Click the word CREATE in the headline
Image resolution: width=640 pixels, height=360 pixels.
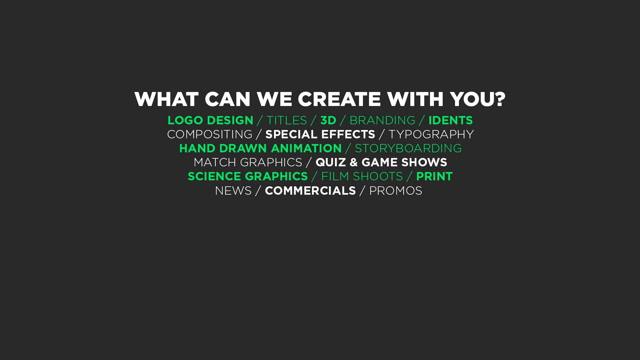click(x=339, y=99)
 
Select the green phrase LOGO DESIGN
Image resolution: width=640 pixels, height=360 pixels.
click(x=210, y=120)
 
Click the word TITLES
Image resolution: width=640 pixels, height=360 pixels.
click(x=287, y=120)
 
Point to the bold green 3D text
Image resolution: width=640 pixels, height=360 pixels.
click(x=328, y=120)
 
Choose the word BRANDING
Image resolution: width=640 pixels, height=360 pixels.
click(x=382, y=120)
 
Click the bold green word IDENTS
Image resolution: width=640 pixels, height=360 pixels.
click(x=451, y=120)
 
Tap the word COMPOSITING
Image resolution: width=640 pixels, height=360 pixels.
click(x=210, y=134)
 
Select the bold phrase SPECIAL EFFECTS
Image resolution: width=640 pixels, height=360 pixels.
click(x=320, y=134)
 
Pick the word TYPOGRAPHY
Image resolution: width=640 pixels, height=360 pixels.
click(x=431, y=134)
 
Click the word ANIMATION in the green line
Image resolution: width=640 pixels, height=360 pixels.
click(x=306, y=148)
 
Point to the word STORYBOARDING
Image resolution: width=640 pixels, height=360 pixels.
click(x=408, y=148)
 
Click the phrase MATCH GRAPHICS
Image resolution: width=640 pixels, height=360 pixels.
click(x=248, y=162)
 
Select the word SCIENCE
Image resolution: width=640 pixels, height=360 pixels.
click(x=214, y=176)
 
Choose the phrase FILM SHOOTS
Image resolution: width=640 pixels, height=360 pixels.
click(x=362, y=176)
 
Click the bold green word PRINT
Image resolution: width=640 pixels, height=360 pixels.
click(x=435, y=176)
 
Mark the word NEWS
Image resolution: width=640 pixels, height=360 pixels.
click(x=233, y=191)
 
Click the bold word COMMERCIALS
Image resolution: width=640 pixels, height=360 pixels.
click(x=310, y=191)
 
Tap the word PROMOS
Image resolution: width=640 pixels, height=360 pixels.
click(x=396, y=191)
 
